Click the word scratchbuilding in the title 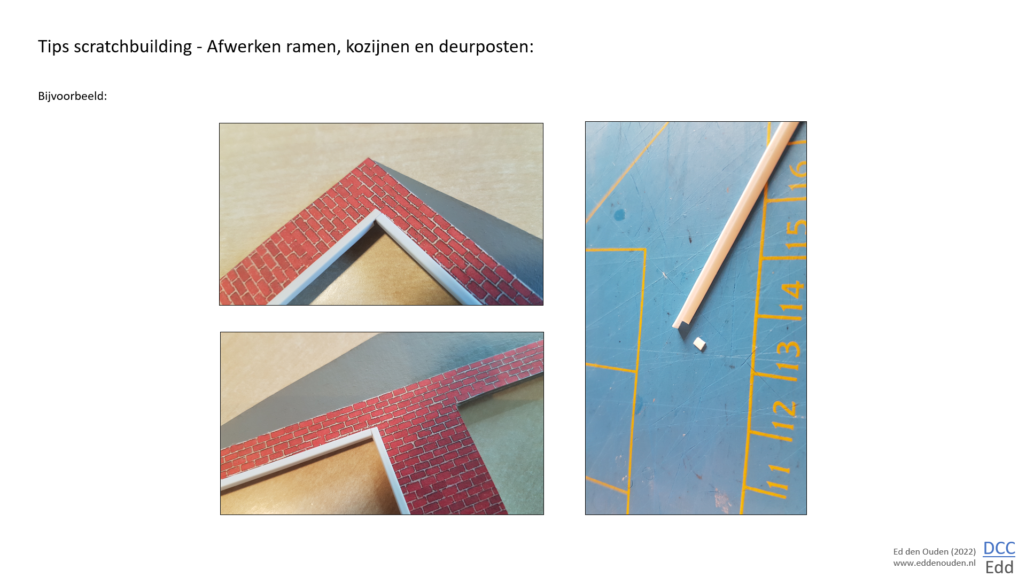coord(133,46)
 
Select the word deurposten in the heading coord(486,46)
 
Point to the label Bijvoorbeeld coord(72,96)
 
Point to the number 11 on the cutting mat coord(778,477)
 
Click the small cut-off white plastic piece coord(699,344)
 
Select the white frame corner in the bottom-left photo coord(376,432)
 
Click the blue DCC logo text coord(999,548)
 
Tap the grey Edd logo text coord(999,567)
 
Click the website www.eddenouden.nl coord(934,563)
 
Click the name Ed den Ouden coord(921,551)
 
